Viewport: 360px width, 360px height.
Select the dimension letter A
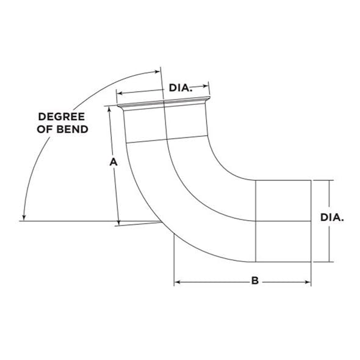pyautogui.click(x=112, y=162)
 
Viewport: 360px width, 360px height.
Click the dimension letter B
pyautogui.click(x=255, y=281)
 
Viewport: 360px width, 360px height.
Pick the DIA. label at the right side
pyautogui.click(x=333, y=217)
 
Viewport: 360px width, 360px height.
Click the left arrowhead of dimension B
pyautogui.click(x=178, y=282)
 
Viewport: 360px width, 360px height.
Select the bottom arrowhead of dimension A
pyautogui.click(x=118, y=220)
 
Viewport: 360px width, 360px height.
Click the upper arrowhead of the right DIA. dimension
pyautogui.click(x=329, y=183)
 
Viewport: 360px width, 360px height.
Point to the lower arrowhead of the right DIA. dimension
pyautogui.click(x=329, y=259)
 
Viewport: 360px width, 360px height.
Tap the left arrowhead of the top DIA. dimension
pyautogui.click(x=120, y=93)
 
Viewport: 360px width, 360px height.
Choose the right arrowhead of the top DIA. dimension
pyautogui.click(x=207, y=85)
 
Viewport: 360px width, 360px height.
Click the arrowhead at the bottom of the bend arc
pyautogui.click(x=23, y=216)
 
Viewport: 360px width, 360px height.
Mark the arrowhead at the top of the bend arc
pyautogui.click(x=155, y=68)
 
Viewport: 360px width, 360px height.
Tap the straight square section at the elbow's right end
pyautogui.click(x=283, y=221)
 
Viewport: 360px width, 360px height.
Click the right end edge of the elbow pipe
pyautogui.click(x=311, y=221)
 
